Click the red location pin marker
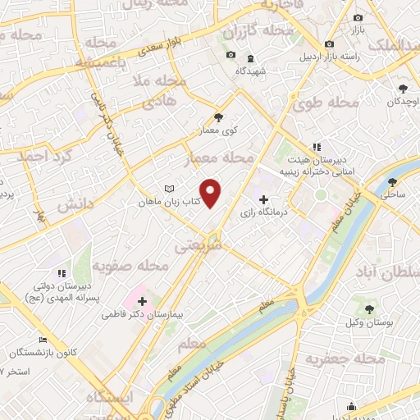212,194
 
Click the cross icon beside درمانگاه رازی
263,199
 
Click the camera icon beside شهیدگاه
231,56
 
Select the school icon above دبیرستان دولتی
61,273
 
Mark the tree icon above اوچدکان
402,88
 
